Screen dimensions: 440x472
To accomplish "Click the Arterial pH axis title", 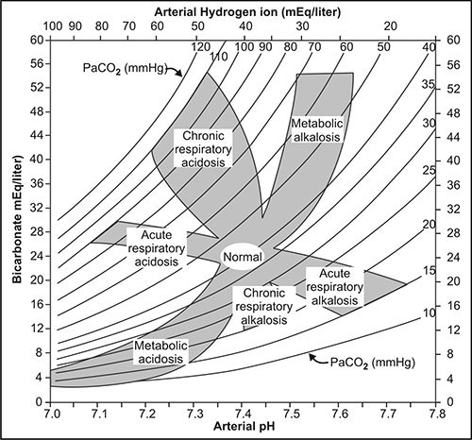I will [242, 431].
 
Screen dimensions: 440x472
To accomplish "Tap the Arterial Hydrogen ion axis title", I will [242, 8].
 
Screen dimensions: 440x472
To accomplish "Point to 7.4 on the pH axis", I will [242, 414].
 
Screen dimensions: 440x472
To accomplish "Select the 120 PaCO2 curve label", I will [200, 45].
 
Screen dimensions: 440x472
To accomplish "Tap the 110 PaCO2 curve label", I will [219, 56].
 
